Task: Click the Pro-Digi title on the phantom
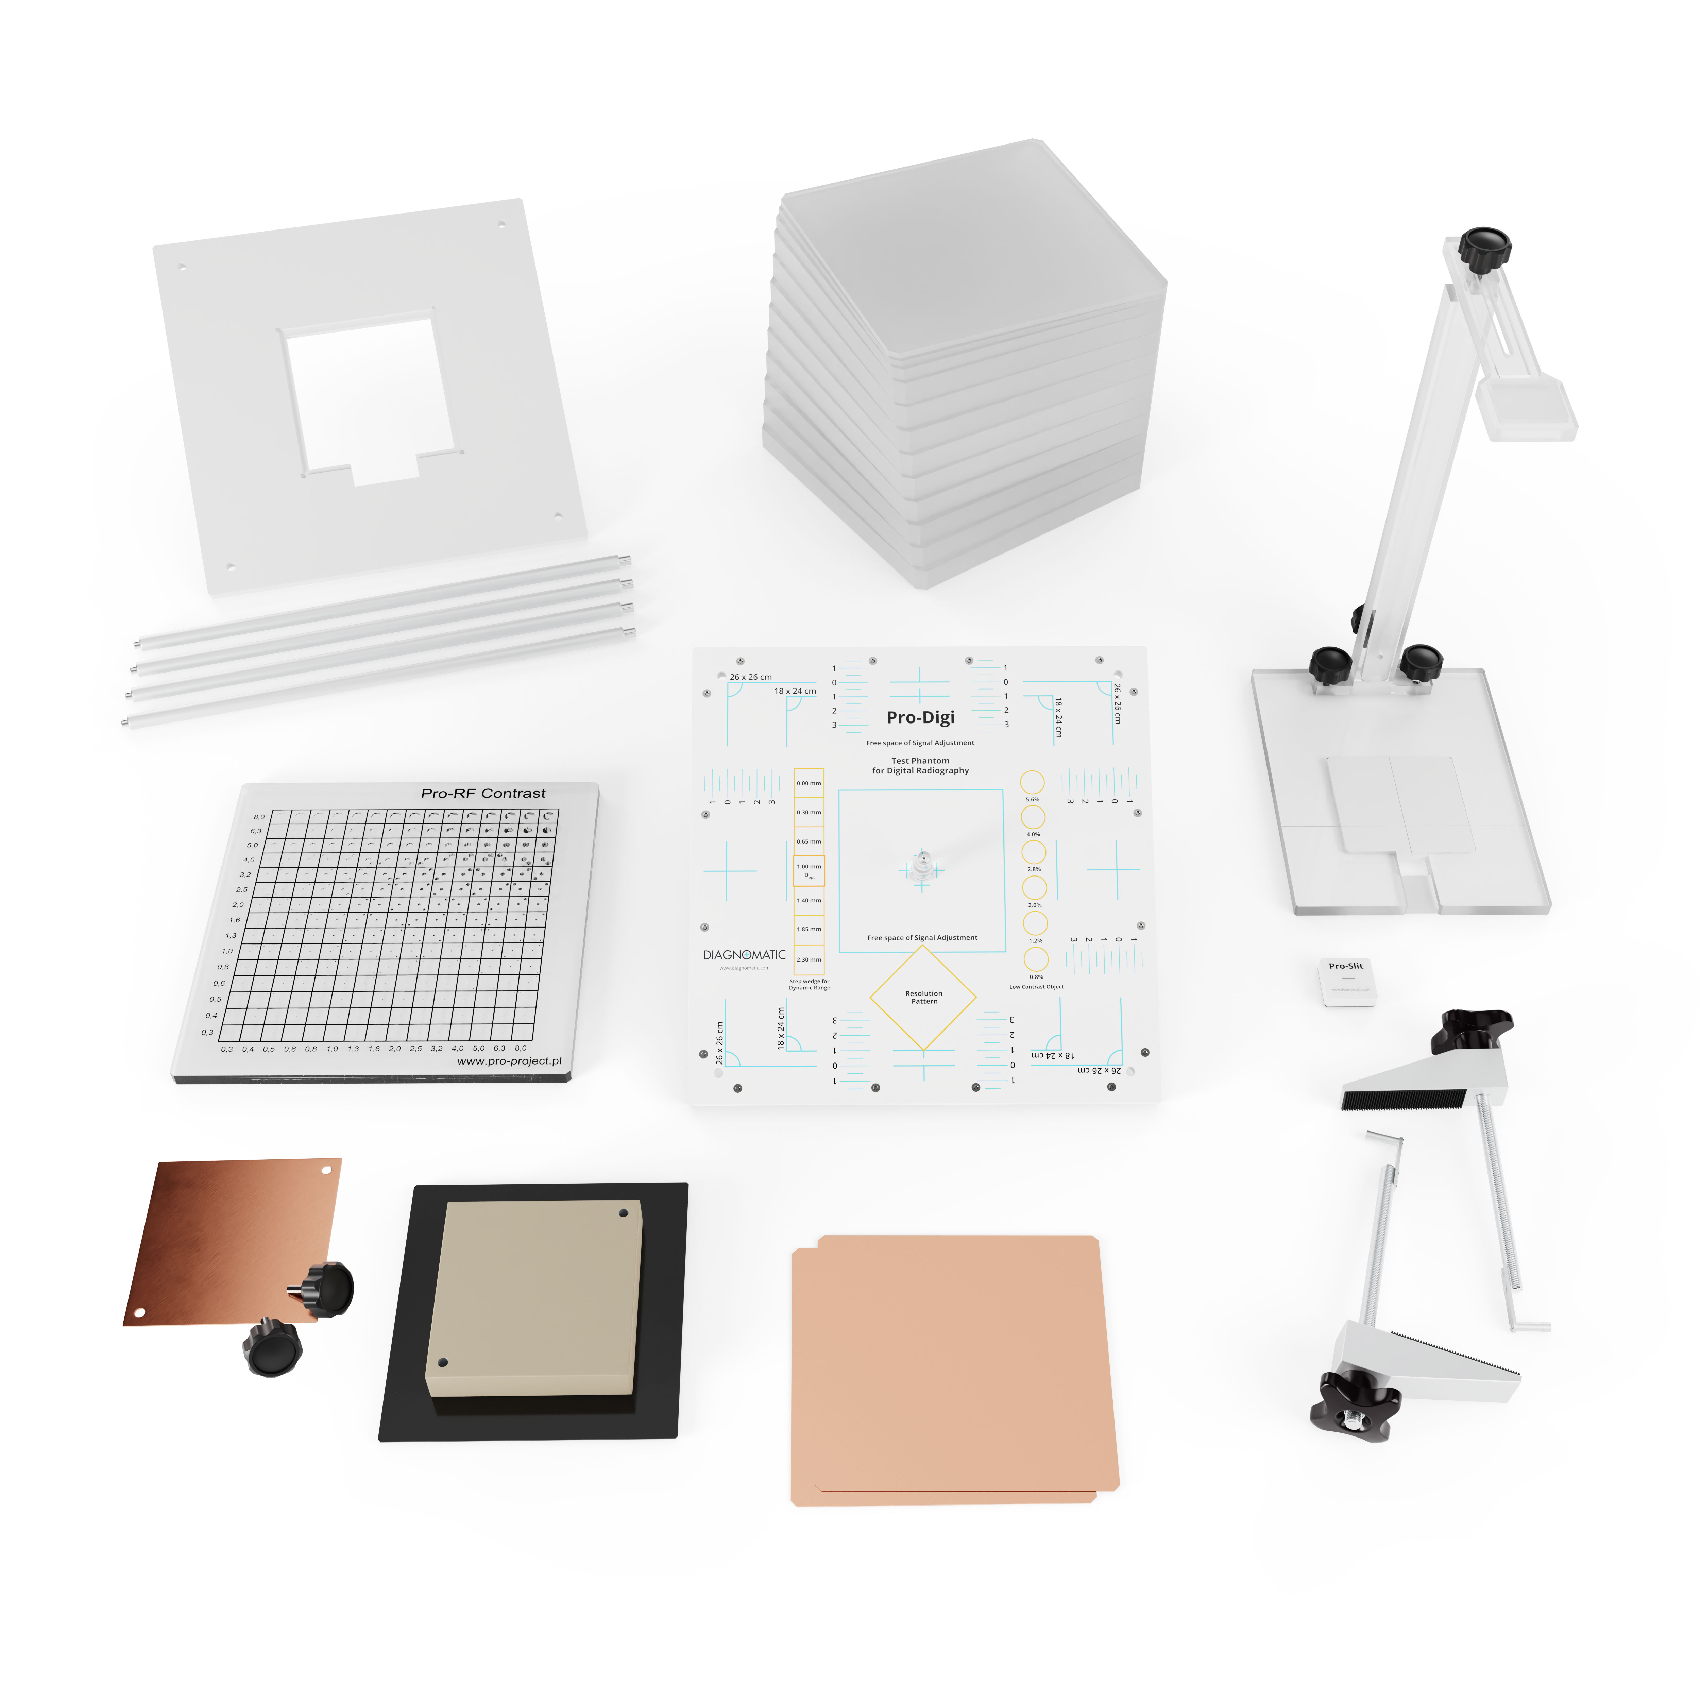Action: pyautogui.click(x=920, y=717)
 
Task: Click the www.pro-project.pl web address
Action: pyautogui.click(x=509, y=1061)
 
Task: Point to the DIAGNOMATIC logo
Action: pyautogui.click(x=744, y=955)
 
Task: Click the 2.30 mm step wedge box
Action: pyautogui.click(x=809, y=959)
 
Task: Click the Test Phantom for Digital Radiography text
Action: pyautogui.click(x=920, y=766)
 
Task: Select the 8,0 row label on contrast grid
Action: pyautogui.click(x=259, y=817)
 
